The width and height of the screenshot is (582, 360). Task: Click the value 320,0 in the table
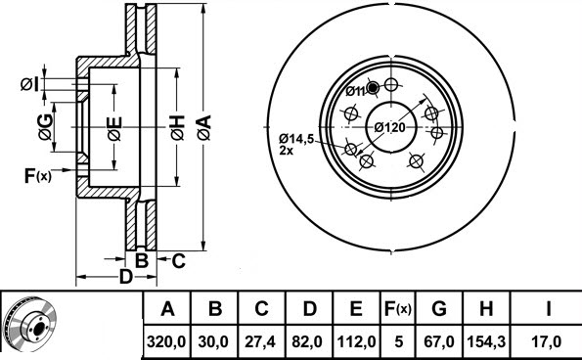coord(166,341)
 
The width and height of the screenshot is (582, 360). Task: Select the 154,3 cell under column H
coord(486,341)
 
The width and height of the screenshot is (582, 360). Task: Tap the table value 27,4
coord(261,341)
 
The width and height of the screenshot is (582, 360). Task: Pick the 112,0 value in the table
coord(356,341)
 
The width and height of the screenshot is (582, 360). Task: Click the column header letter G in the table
coord(439,308)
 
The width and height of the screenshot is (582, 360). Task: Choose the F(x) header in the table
coord(398,308)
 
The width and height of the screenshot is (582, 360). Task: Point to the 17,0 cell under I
coord(547,341)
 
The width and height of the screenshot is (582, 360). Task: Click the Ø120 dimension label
coord(389,128)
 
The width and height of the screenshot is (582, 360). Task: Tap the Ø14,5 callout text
coord(296,139)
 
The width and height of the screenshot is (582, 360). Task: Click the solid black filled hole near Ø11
coord(373,88)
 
